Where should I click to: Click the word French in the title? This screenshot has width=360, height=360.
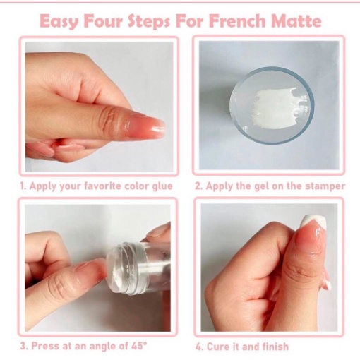tap(237, 21)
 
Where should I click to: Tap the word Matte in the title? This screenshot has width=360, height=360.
tap(296, 21)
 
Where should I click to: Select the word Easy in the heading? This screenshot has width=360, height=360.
tap(59, 22)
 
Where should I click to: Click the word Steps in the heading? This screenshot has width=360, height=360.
tap(149, 22)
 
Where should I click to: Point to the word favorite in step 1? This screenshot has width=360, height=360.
tap(103, 186)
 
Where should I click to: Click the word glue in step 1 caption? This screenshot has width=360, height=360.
tap(162, 186)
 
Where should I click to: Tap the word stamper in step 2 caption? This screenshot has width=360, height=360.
tap(325, 186)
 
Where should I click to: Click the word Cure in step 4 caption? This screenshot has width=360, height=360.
tap(217, 347)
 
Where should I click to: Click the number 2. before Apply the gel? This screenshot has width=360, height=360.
tap(198, 186)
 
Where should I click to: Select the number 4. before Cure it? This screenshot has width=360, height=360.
tap(199, 347)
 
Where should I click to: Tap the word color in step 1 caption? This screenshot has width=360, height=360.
tap(137, 186)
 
